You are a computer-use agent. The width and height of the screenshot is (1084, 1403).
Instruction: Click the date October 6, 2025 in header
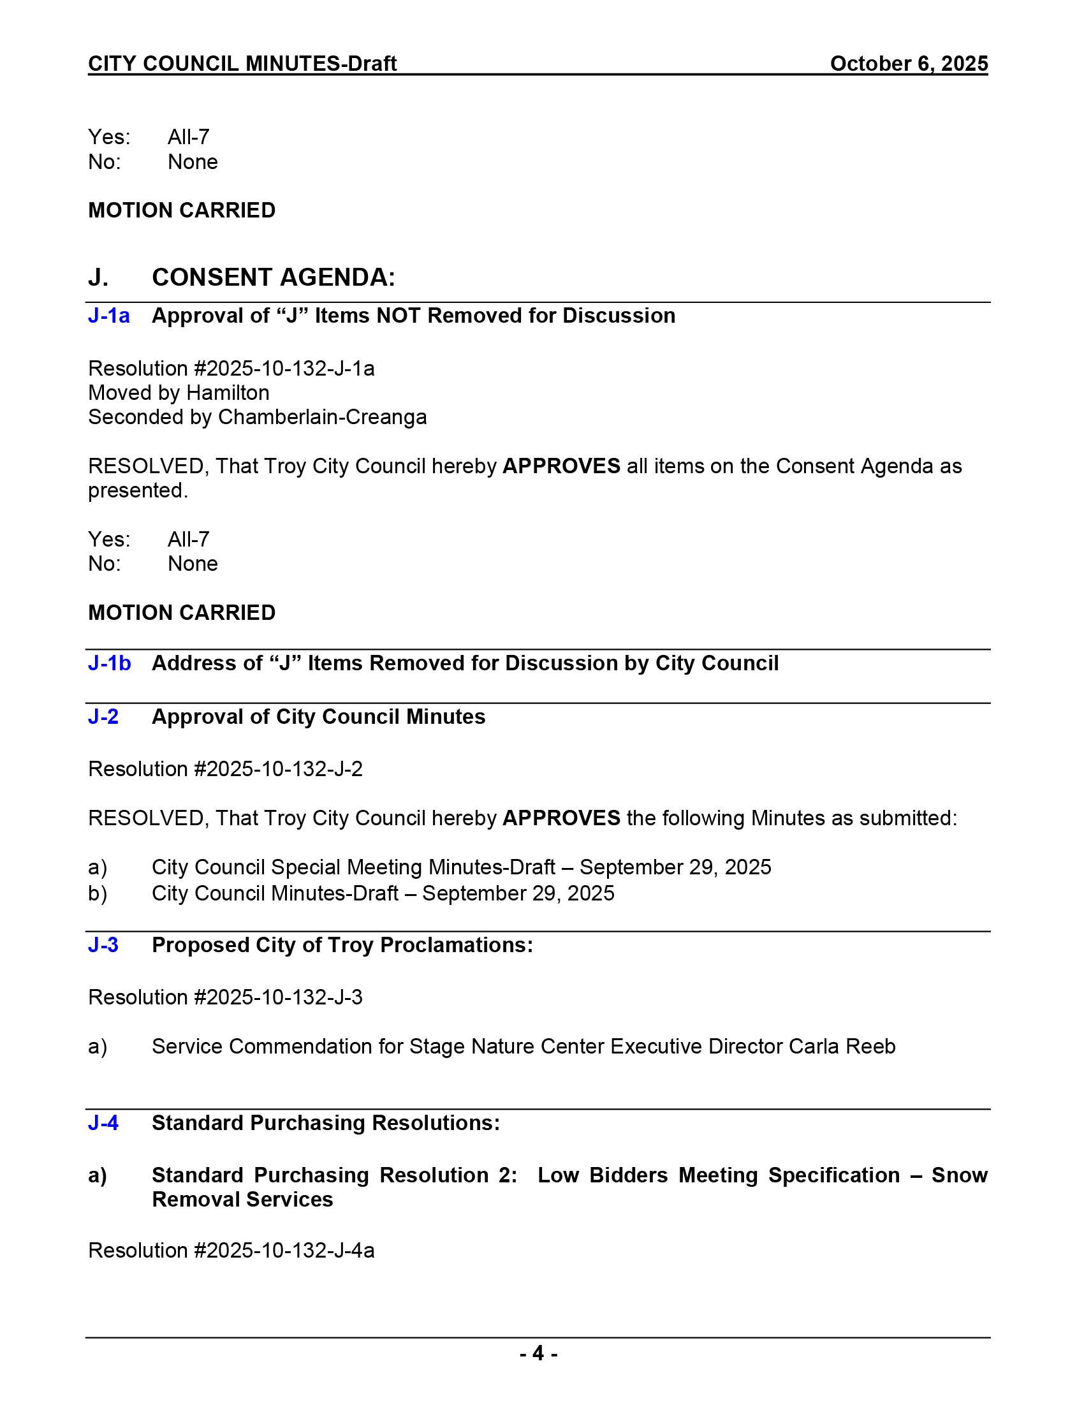[x=908, y=64]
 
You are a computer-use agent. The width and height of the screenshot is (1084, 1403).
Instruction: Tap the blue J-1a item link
[x=108, y=316]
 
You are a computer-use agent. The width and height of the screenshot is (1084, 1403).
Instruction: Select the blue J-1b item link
[x=109, y=663]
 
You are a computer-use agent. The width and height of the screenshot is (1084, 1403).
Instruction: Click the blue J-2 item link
[x=103, y=716]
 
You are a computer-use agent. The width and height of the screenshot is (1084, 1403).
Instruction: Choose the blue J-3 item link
[x=103, y=945]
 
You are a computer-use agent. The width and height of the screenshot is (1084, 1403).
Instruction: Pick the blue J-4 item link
[x=103, y=1123]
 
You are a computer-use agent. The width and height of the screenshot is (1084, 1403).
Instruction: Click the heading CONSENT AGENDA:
[x=273, y=277]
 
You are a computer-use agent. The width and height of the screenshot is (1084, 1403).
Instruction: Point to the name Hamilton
[x=228, y=393]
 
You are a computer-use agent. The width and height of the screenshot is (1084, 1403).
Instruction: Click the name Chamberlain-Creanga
[x=322, y=418]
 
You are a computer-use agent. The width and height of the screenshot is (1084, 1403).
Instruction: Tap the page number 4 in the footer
[x=538, y=1353]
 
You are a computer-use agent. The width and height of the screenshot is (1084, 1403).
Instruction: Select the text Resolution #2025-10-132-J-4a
[x=231, y=1251]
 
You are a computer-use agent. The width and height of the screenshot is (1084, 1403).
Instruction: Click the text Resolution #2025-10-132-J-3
[x=225, y=997]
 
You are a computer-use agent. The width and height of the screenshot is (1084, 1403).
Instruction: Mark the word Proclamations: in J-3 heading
[x=456, y=945]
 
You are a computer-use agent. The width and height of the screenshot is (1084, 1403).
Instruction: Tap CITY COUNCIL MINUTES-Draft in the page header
[x=242, y=64]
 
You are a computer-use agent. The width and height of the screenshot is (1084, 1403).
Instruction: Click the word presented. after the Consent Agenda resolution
[x=138, y=491]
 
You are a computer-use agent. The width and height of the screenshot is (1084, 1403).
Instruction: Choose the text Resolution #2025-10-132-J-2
[x=225, y=769]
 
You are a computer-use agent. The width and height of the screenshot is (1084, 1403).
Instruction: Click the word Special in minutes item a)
[x=304, y=867]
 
